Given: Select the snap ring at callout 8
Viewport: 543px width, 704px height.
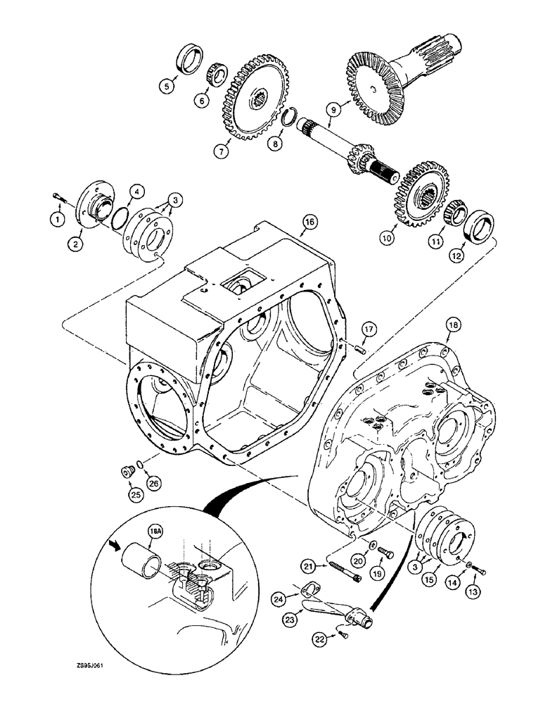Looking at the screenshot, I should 288,116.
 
